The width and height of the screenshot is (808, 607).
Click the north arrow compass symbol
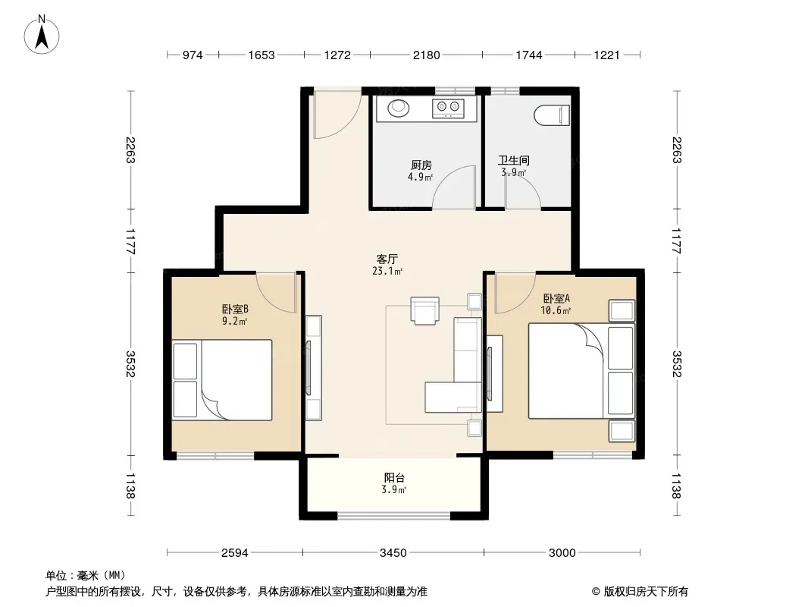pyautogui.click(x=42, y=35)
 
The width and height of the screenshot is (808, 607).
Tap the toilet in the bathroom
pyautogui.click(x=552, y=115)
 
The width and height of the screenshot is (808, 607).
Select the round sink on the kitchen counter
pyautogui.click(x=398, y=109)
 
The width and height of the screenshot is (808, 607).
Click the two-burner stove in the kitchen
pyautogui.click(x=448, y=108)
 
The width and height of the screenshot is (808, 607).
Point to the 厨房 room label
pyautogui.click(x=421, y=165)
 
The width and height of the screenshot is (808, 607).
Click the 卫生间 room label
pyautogui.click(x=513, y=160)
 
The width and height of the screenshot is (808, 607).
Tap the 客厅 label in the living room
pyautogui.click(x=387, y=259)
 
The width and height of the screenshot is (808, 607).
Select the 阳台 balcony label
pyautogui.click(x=394, y=477)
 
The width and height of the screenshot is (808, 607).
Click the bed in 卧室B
pyautogui.click(x=222, y=379)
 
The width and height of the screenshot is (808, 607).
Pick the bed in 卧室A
pyautogui.click(x=581, y=371)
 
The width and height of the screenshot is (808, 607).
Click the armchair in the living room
pyautogui.click(x=425, y=310)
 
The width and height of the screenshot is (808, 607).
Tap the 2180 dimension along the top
pyautogui.click(x=426, y=55)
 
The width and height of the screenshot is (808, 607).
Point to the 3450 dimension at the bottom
pyautogui.click(x=393, y=553)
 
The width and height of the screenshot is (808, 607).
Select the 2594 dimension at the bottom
pyautogui.click(x=234, y=553)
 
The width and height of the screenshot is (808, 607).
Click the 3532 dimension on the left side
pyautogui.click(x=130, y=363)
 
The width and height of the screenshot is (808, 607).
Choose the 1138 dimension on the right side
pyautogui.click(x=677, y=486)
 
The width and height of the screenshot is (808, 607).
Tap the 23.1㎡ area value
pyautogui.click(x=387, y=271)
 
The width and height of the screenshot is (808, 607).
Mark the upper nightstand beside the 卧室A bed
pyautogui.click(x=622, y=311)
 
